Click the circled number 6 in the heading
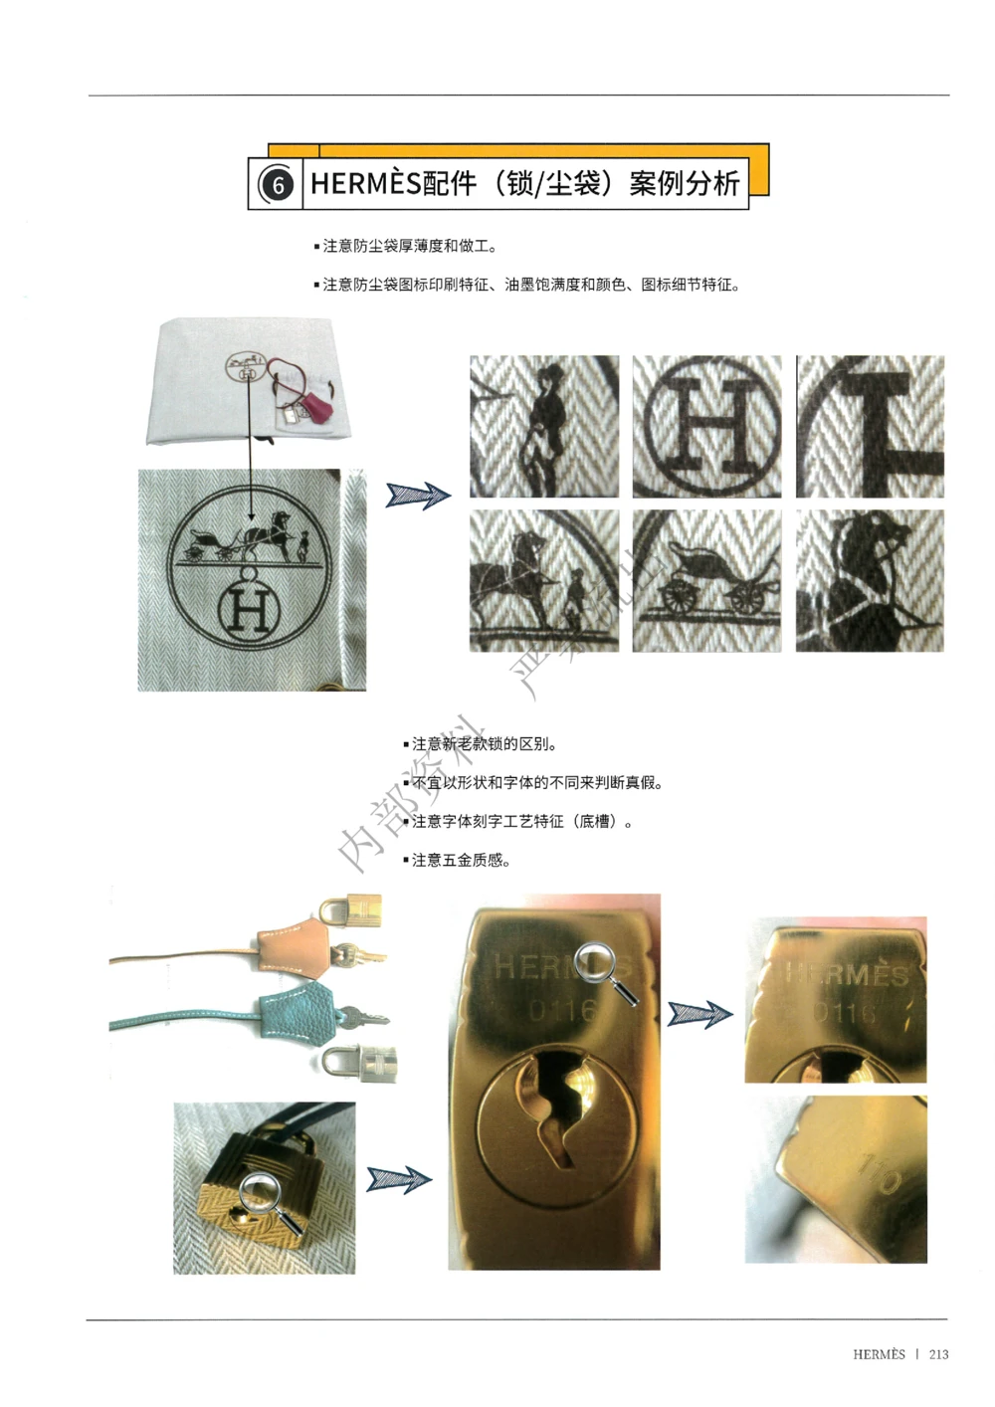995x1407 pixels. pyautogui.click(x=278, y=185)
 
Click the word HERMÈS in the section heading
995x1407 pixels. pyautogui.click(x=365, y=183)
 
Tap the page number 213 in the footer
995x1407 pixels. pyautogui.click(x=938, y=1354)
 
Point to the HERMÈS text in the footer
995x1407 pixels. pyautogui.click(x=879, y=1354)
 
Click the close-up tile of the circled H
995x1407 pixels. pyautogui.click(x=706, y=426)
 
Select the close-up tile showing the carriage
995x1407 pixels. pyautogui.click(x=706, y=581)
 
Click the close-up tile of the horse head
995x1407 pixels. pyautogui.click(x=870, y=581)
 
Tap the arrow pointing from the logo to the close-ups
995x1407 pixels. pyautogui.click(x=418, y=495)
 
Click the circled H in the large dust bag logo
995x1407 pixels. pyautogui.click(x=249, y=609)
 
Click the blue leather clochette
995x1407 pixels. pyautogui.click(x=297, y=1013)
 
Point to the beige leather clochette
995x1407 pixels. pyautogui.click(x=289, y=943)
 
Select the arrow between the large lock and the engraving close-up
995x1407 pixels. pyautogui.click(x=699, y=1014)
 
